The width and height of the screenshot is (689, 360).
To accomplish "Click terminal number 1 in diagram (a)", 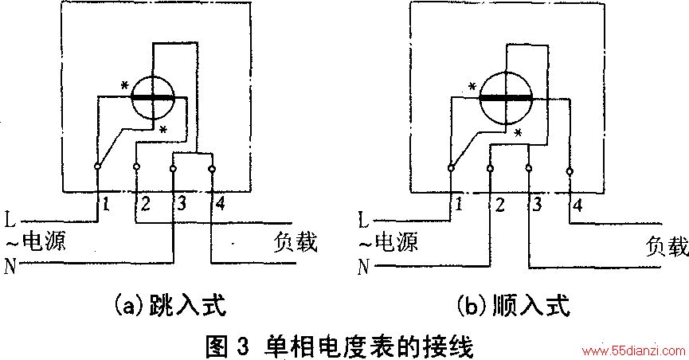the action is tap(105, 205).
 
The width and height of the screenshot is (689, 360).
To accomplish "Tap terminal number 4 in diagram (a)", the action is tap(220, 203).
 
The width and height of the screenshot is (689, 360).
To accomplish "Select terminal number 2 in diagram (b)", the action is tap(499, 205).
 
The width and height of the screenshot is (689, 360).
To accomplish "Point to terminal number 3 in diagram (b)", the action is tap(537, 205).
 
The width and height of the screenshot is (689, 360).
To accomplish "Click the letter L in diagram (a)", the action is tap(10, 219).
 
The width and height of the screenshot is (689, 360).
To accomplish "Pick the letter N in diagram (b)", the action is tap(364, 266).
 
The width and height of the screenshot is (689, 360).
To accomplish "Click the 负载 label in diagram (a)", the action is tap(296, 242).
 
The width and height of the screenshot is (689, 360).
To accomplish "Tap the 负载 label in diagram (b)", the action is tap(667, 246).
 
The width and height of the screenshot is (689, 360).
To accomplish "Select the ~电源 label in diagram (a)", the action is tap(36, 242).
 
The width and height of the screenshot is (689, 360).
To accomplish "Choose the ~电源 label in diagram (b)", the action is tap(389, 243).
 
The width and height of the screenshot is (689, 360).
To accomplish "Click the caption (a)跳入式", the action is tap(170, 305).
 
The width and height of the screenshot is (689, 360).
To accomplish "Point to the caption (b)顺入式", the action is tap(513, 306).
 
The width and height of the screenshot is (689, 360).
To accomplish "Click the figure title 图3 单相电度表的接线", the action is tap(339, 346).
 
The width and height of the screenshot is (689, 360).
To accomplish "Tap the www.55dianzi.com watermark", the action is tap(633, 350).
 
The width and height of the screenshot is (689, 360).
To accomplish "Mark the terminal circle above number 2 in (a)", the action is tap(136, 166).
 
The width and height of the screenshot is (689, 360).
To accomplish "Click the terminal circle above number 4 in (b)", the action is tap(570, 171).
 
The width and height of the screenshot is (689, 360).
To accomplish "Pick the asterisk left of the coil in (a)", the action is tap(125, 85).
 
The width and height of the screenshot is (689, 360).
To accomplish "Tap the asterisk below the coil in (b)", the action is tap(519, 132).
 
